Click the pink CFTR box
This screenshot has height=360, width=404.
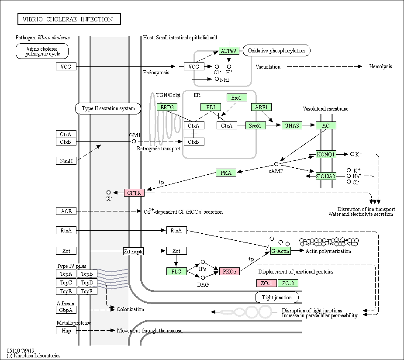pos(134,193)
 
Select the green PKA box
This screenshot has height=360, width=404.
pos(226,173)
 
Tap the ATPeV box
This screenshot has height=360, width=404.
pos(229,51)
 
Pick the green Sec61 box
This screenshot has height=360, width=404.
pos(256,125)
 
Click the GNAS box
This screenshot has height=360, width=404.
pos(292,125)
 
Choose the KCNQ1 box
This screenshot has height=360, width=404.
pos(326,154)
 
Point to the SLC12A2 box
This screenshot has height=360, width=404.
pos(326,176)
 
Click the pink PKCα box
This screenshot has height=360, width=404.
pos(229,271)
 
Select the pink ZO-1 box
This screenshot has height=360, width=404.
pos(266,283)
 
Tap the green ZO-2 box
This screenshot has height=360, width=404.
pos(288,283)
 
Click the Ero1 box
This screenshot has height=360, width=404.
pos(237,98)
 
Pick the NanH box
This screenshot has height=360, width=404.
pos(66,161)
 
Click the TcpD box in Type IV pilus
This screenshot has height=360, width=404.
pos(87,282)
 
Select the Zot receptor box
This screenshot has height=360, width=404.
pos(134,251)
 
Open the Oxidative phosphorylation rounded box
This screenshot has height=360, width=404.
pos(276,51)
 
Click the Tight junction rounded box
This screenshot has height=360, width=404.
pos(277,298)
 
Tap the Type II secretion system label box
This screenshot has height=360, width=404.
pos(108,108)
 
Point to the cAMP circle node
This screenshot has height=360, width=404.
pos(276,164)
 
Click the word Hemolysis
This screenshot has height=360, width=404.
pos(380,66)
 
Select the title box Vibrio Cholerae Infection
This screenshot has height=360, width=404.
pos(69,19)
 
